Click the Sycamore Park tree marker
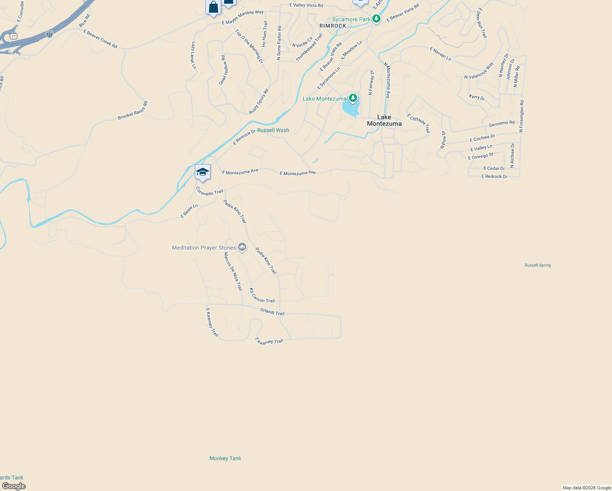(376, 19)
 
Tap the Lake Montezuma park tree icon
(353, 98)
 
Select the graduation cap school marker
(202, 172)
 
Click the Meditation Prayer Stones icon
(242, 247)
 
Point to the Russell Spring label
(538, 265)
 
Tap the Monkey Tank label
(225, 458)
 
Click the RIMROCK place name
(333, 26)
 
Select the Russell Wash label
(273, 130)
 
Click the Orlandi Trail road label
(272, 312)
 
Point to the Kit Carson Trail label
(262, 296)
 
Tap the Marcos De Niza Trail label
(233, 271)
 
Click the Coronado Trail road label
(209, 191)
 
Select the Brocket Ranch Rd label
(133, 111)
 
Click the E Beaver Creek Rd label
(100, 39)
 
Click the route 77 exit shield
(13, 36)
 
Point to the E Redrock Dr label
(494, 176)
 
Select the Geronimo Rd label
(502, 123)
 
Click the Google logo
(14, 486)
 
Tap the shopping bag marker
(213, 7)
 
